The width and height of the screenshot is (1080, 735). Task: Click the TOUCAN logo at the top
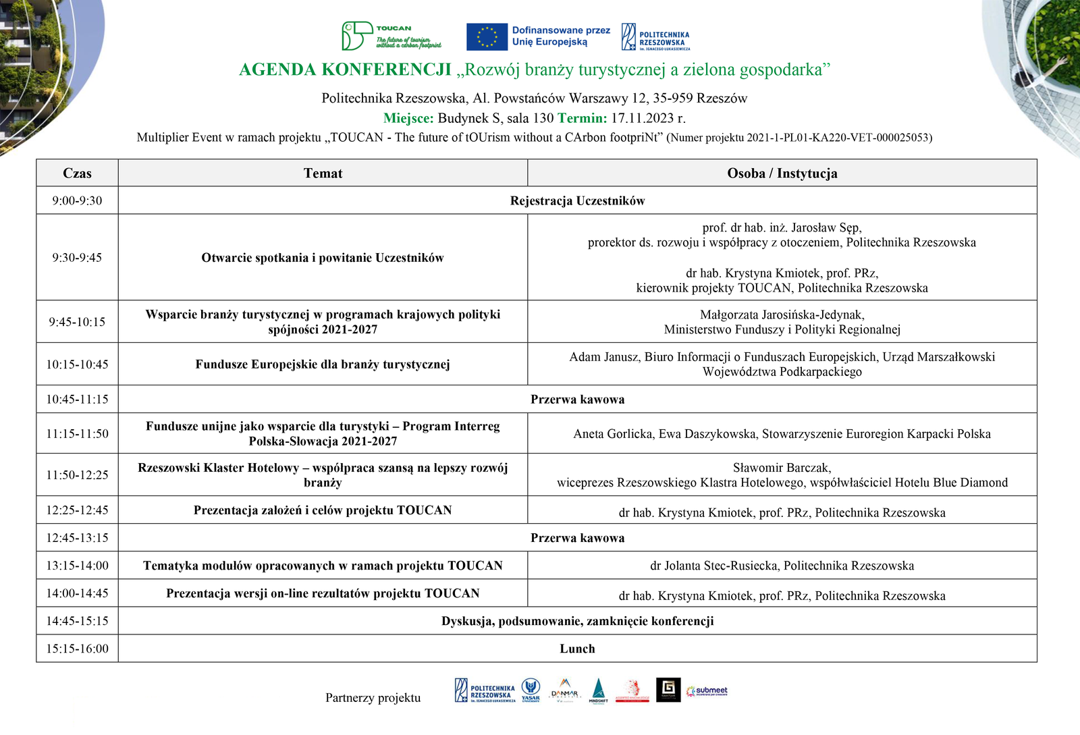click(x=391, y=36)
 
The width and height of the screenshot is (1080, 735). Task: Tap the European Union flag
click(x=487, y=37)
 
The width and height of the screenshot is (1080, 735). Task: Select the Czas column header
click(x=77, y=173)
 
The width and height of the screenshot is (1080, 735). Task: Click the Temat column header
click(x=323, y=173)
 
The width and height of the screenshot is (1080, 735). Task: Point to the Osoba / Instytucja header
click(x=782, y=173)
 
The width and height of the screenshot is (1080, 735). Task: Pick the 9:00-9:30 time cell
click(x=77, y=201)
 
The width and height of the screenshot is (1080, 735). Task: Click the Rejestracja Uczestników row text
click(x=577, y=201)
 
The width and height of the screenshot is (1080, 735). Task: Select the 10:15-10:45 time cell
click(x=77, y=364)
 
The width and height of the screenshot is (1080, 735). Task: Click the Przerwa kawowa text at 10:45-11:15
click(x=577, y=400)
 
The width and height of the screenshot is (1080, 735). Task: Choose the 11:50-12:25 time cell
click(x=77, y=475)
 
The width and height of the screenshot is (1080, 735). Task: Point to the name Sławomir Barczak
click(x=782, y=468)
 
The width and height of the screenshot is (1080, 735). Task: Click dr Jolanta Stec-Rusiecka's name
click(x=713, y=566)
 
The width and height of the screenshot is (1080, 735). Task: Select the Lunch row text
click(x=577, y=649)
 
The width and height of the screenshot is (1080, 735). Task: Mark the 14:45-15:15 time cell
click(x=77, y=621)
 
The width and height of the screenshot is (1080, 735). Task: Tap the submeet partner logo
click(x=707, y=690)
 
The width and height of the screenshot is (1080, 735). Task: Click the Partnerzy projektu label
click(x=373, y=698)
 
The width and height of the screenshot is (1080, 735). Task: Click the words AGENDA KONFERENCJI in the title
click(x=345, y=70)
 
